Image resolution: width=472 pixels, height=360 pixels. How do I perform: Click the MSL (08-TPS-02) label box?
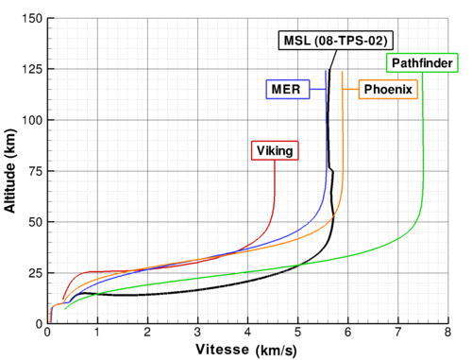pyautogui.click(x=336, y=41)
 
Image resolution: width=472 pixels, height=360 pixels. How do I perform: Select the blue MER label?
pyautogui.click(x=288, y=90)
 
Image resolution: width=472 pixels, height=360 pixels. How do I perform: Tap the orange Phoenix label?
pyautogui.click(x=388, y=90)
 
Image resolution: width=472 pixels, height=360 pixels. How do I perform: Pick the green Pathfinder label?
pyautogui.click(x=422, y=63)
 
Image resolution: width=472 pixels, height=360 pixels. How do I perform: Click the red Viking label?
pyautogui.click(x=275, y=150)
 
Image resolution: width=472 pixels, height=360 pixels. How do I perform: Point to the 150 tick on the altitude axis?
pyautogui.click(x=32, y=18)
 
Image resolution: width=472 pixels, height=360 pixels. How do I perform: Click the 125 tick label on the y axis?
pyautogui.click(x=32, y=69)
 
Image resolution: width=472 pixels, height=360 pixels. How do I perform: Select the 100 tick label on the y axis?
pyautogui.click(x=32, y=120)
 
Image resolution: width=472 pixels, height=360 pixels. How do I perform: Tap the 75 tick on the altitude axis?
pyautogui.click(x=36, y=171)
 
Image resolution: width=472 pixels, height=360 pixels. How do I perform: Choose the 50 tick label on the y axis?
pyautogui.click(x=36, y=222)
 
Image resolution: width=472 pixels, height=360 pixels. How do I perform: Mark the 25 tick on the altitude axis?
pyautogui.click(x=36, y=273)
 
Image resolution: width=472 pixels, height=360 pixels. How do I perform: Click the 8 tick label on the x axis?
pyautogui.click(x=447, y=332)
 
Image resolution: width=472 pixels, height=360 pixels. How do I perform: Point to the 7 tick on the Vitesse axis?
pyautogui.click(x=398, y=332)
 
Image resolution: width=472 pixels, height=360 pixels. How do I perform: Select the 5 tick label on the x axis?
pyautogui.click(x=297, y=332)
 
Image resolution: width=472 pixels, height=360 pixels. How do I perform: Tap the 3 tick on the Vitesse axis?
pyautogui.click(x=197, y=332)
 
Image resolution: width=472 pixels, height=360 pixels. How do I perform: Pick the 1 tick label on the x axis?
pyautogui.click(x=97, y=332)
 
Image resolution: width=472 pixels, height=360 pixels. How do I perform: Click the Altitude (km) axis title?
pyautogui.click(x=9, y=171)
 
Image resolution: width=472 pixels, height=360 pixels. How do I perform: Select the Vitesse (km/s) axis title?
pyautogui.click(x=246, y=350)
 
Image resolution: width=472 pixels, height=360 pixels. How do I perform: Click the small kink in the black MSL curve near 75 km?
pyautogui.click(x=331, y=170)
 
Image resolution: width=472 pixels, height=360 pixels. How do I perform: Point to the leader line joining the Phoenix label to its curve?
pyautogui.click(x=350, y=90)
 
